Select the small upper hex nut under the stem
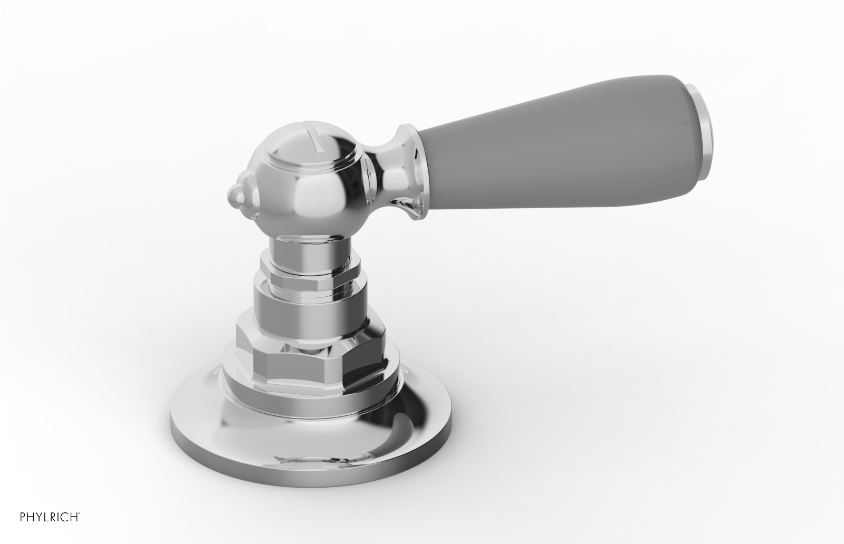click(311, 269)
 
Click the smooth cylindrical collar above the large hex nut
click(311, 298)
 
